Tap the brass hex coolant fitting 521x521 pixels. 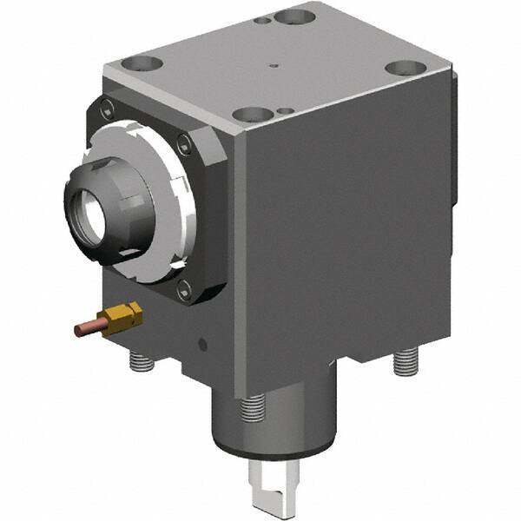[x=122, y=318]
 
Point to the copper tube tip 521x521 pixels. [x=78, y=331]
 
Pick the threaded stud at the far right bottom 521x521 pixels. [x=404, y=361]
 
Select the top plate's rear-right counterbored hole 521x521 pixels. [x=402, y=68]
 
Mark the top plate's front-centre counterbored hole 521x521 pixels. [x=253, y=114]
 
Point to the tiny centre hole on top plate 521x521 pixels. [x=273, y=63]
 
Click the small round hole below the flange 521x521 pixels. [x=202, y=345]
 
